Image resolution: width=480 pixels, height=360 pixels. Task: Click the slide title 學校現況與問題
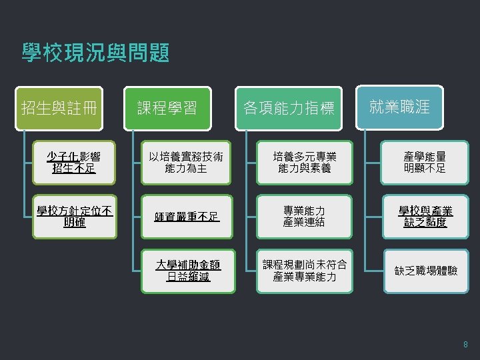[95, 52]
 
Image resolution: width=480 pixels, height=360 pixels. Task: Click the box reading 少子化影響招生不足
[74, 162]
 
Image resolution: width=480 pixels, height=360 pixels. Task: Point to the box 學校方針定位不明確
[74, 217]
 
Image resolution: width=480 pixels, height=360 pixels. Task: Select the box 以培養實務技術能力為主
[186, 162]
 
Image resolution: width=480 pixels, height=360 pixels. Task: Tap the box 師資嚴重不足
[186, 217]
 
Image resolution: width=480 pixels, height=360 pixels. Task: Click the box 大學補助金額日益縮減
[186, 271]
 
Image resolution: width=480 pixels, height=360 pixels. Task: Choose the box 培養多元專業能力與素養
[304, 162]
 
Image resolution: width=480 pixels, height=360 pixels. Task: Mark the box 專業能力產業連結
[304, 217]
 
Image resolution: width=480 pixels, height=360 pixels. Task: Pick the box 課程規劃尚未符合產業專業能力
[304, 271]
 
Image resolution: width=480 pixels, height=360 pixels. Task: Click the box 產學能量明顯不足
[425, 162]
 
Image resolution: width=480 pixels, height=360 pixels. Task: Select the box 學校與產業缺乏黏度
[425, 217]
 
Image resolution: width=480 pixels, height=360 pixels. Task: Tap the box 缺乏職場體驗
[425, 271]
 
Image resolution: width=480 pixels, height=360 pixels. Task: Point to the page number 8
[465, 345]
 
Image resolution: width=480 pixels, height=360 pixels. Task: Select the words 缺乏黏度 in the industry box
[425, 223]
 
